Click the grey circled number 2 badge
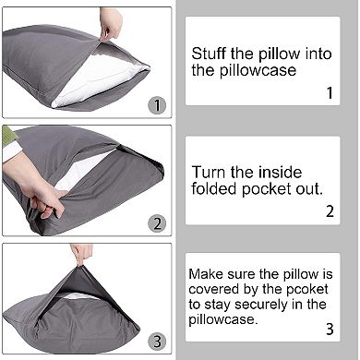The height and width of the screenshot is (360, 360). pyautogui.click(x=158, y=222)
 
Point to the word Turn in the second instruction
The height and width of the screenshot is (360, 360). pyautogui.click(x=208, y=171)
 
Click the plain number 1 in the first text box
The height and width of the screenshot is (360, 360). pyautogui.click(x=329, y=92)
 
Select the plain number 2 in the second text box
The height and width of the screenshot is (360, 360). pyautogui.click(x=329, y=211)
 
